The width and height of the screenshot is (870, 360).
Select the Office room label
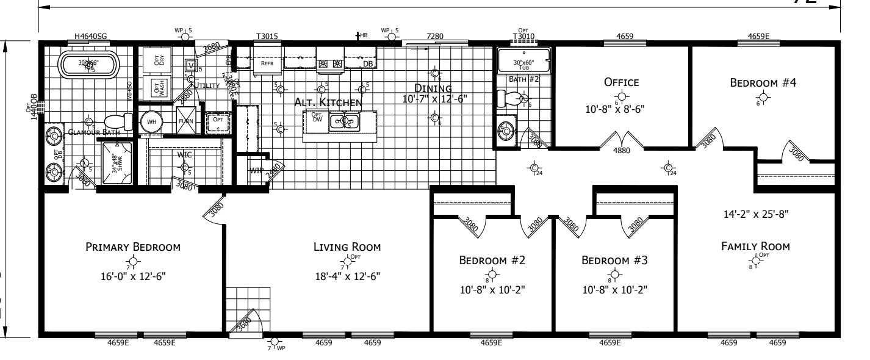point(620,82)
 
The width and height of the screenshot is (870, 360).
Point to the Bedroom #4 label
point(759,82)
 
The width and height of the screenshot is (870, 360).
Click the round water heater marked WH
point(148,120)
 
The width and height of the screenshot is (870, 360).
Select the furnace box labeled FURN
point(186,120)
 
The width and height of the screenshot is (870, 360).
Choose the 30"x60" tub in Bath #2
point(523,61)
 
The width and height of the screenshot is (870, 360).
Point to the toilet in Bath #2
point(510,98)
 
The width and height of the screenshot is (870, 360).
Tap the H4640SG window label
point(91,37)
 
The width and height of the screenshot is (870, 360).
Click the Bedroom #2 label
point(492,261)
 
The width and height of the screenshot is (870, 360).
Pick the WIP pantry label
point(256,171)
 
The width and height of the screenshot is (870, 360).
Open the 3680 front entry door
point(246,323)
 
